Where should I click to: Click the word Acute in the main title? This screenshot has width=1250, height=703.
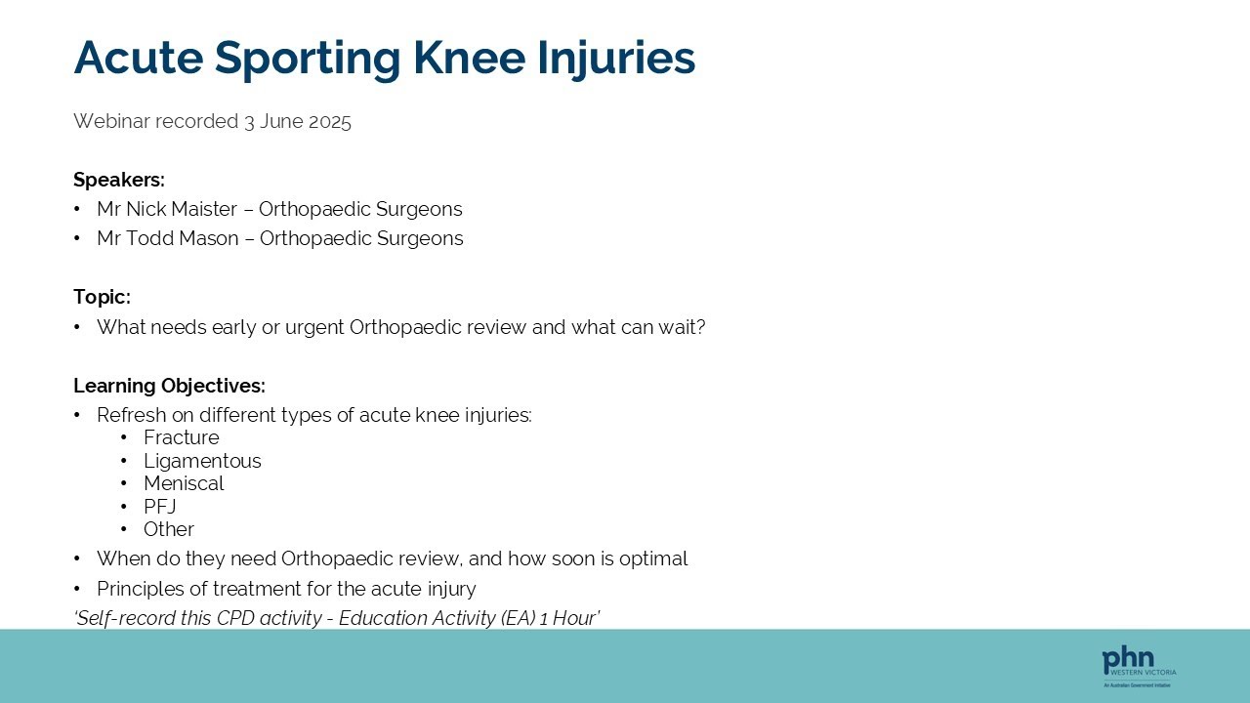click(138, 58)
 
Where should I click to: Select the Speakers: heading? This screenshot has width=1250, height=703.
click(119, 180)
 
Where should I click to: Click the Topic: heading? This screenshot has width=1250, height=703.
click(102, 297)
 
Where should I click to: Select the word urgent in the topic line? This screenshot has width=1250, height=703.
click(314, 327)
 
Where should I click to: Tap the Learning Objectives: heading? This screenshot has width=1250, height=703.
click(169, 386)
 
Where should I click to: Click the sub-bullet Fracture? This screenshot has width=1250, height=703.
click(182, 437)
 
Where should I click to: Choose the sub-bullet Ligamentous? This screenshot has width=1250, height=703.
click(202, 461)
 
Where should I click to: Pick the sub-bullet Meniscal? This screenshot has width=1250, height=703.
click(184, 483)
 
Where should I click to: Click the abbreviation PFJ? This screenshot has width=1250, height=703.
click(160, 507)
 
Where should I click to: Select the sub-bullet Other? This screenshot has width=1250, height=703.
click(169, 529)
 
